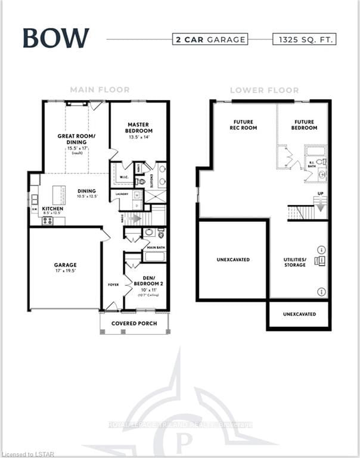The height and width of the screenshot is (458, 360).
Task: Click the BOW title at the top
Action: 56,38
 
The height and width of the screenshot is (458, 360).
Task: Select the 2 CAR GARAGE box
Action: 210,39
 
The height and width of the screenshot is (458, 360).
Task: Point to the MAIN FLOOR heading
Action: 100,90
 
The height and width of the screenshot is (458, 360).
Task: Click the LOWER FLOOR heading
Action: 264,91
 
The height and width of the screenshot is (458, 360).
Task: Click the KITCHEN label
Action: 52,209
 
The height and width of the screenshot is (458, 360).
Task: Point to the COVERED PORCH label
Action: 134,323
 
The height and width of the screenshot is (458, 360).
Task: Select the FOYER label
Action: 113,284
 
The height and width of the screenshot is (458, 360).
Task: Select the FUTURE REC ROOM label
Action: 244,125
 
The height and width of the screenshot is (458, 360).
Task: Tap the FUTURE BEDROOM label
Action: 303,125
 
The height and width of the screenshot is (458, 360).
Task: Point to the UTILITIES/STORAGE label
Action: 295,262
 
